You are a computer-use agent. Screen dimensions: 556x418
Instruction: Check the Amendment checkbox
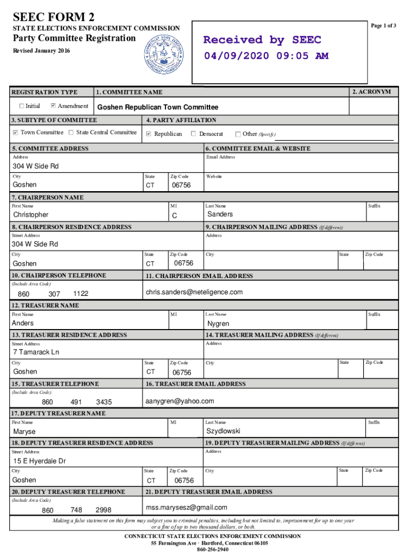[53, 106]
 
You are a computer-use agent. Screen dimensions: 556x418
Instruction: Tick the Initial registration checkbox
[21, 106]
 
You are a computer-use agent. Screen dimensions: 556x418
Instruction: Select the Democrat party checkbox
[194, 134]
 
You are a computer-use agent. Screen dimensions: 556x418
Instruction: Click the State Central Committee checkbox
[72, 132]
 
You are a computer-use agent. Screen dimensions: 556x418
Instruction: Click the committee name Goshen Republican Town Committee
[157, 108]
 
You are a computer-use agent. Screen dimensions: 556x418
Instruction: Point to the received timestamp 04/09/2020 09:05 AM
[266, 56]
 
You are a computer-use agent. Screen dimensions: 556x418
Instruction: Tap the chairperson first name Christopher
[30, 215]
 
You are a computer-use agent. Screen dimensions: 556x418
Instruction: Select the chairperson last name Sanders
[220, 214]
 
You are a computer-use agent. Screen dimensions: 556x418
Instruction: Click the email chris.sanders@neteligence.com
[194, 292]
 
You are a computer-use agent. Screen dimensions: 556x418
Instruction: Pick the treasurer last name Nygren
[218, 324]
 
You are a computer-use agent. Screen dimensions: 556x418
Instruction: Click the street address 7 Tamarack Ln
[36, 352]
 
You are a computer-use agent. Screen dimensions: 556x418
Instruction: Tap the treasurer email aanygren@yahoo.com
[180, 401]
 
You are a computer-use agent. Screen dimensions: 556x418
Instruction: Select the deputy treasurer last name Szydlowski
[223, 431]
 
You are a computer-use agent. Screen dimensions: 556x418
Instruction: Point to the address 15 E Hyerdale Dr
[40, 461]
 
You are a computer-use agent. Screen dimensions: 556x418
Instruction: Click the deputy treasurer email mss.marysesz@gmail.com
[186, 508]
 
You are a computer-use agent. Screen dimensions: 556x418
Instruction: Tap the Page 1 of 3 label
[383, 26]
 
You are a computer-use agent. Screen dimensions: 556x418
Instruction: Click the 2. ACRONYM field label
[371, 92]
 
